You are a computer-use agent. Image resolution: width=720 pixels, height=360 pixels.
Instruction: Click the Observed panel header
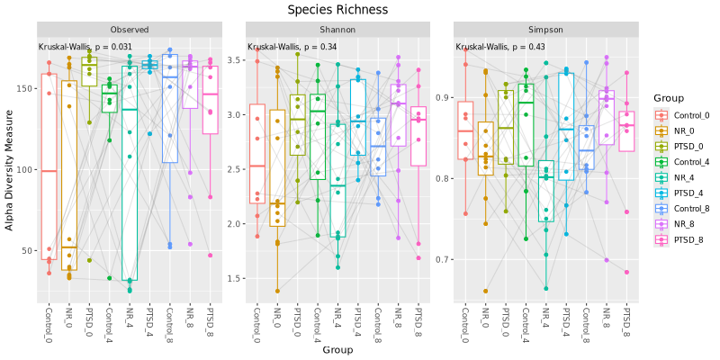pyautogui.click(x=130, y=30)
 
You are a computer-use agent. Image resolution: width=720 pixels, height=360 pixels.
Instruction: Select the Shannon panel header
pyautogui.click(x=337, y=30)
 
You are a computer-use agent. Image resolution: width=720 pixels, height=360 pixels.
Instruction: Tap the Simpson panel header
pyautogui.click(x=545, y=30)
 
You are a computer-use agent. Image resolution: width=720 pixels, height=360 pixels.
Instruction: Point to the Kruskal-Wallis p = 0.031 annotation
pyautogui.click(x=85, y=47)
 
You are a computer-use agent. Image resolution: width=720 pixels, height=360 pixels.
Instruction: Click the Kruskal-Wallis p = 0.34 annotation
pyautogui.click(x=292, y=47)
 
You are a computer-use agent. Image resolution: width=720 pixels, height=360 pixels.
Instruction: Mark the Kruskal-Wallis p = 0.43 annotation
pyautogui.click(x=500, y=47)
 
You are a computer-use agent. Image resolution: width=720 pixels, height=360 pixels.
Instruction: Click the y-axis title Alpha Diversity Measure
pyautogui.click(x=10, y=171)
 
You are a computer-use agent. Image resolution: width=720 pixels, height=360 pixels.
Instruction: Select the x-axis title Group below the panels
pyautogui.click(x=337, y=350)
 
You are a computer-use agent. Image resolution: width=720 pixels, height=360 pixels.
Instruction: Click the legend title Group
pyautogui.click(x=670, y=98)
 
